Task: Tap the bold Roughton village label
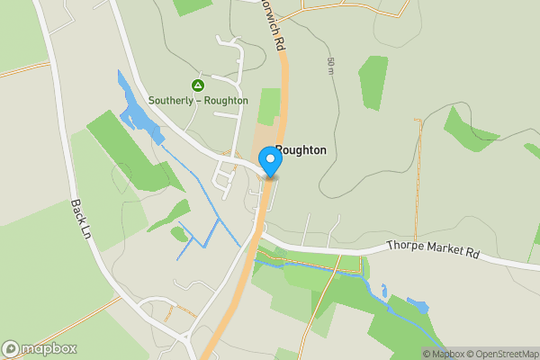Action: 301,151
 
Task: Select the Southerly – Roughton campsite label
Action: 198,101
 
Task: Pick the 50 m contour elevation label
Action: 331,65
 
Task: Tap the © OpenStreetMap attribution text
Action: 505,353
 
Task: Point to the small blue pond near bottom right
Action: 418,305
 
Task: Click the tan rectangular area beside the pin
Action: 265,144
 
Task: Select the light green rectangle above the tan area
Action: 269,106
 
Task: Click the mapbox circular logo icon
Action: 12,348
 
